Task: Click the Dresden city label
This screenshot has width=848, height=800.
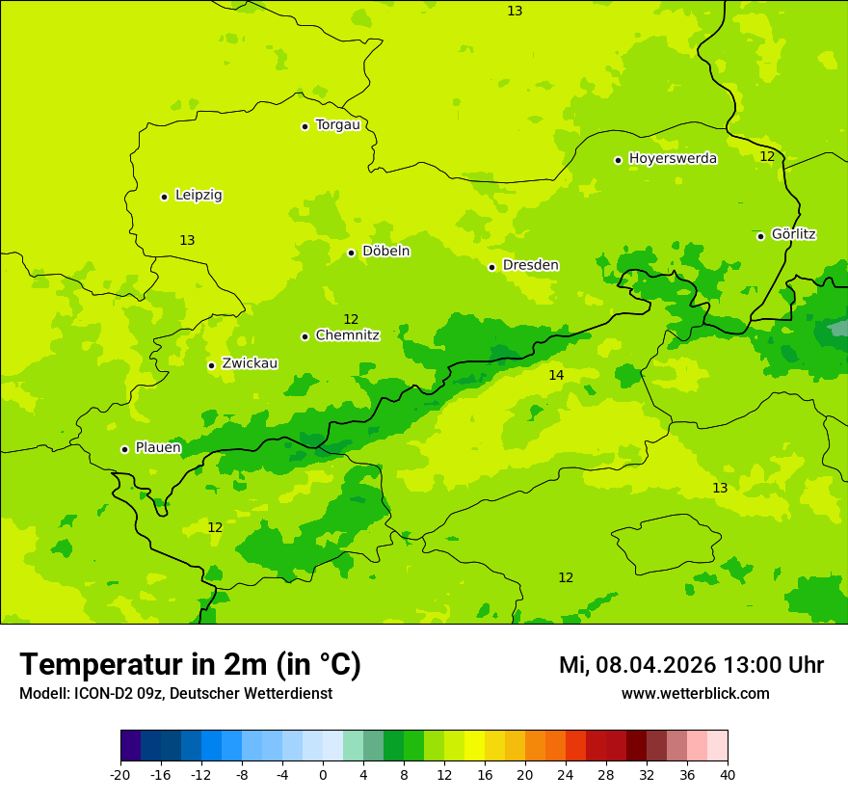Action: (x=530, y=265)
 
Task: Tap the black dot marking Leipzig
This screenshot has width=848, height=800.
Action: (x=164, y=197)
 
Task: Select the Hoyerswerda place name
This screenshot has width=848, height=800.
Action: (x=673, y=158)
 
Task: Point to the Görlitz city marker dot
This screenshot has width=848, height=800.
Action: (x=760, y=236)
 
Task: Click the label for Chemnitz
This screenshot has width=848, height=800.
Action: (x=347, y=335)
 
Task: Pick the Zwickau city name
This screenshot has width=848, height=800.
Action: (x=250, y=363)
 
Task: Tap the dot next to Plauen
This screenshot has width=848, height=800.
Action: (x=124, y=449)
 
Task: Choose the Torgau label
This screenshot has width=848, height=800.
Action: (x=337, y=124)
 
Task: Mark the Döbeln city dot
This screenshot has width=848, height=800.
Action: (x=351, y=253)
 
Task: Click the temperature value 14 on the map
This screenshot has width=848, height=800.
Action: (x=556, y=375)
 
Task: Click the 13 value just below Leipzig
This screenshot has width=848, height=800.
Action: (x=187, y=240)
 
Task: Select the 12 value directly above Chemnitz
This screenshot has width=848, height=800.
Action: (x=351, y=319)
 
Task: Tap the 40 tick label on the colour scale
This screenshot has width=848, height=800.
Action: (x=728, y=774)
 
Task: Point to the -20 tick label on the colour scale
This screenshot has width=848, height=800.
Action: (x=120, y=774)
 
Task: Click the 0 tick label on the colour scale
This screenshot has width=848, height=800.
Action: (x=323, y=774)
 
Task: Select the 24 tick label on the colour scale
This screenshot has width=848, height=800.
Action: (x=566, y=774)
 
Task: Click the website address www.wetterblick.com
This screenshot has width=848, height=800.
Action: (x=695, y=693)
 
